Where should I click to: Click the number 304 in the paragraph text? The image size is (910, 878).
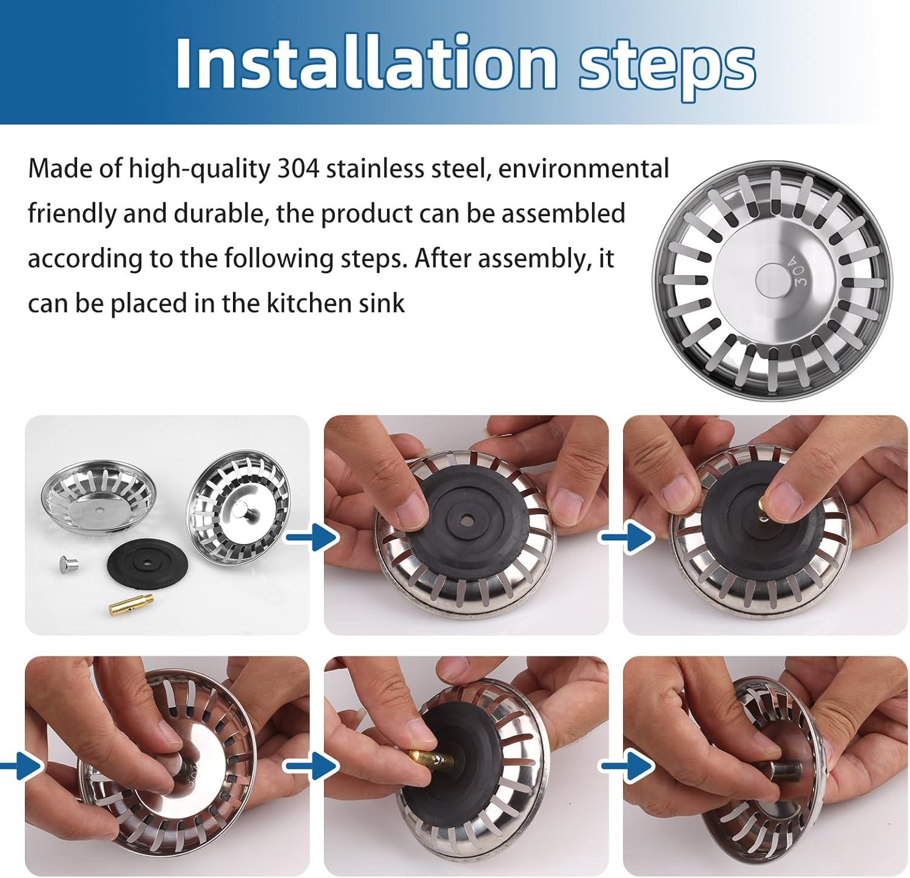coord(298,169)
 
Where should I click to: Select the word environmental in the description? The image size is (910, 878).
coord(583,169)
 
